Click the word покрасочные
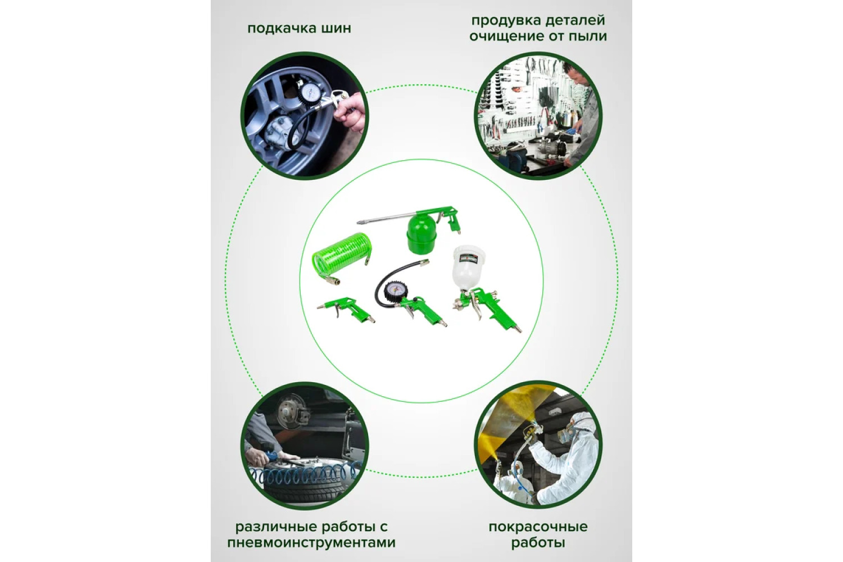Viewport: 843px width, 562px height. tap(538, 527)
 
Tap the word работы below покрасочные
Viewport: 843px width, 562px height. tap(538, 543)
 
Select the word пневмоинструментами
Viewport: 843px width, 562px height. tap(311, 543)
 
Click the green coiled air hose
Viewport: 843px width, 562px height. tap(339, 264)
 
